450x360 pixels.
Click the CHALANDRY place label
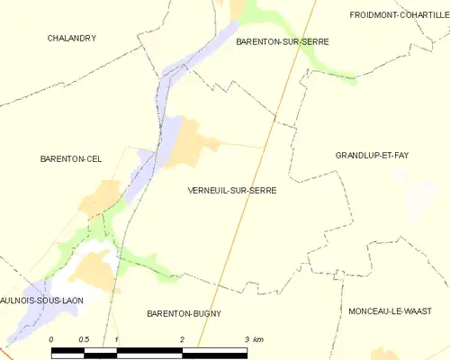coord(72,38)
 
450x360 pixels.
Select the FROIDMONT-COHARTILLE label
coord(398,14)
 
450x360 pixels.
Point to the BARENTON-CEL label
coord(71,159)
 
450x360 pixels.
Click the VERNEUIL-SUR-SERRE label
coord(232,191)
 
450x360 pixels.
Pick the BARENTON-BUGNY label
coord(184,313)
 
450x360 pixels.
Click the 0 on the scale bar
coord(52,339)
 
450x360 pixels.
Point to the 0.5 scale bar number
coord(83,339)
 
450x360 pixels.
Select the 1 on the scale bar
coord(116,339)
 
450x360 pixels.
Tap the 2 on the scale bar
coord(182,339)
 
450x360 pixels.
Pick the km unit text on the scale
coord(258,339)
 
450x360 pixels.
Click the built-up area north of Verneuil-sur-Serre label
coord(190,145)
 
